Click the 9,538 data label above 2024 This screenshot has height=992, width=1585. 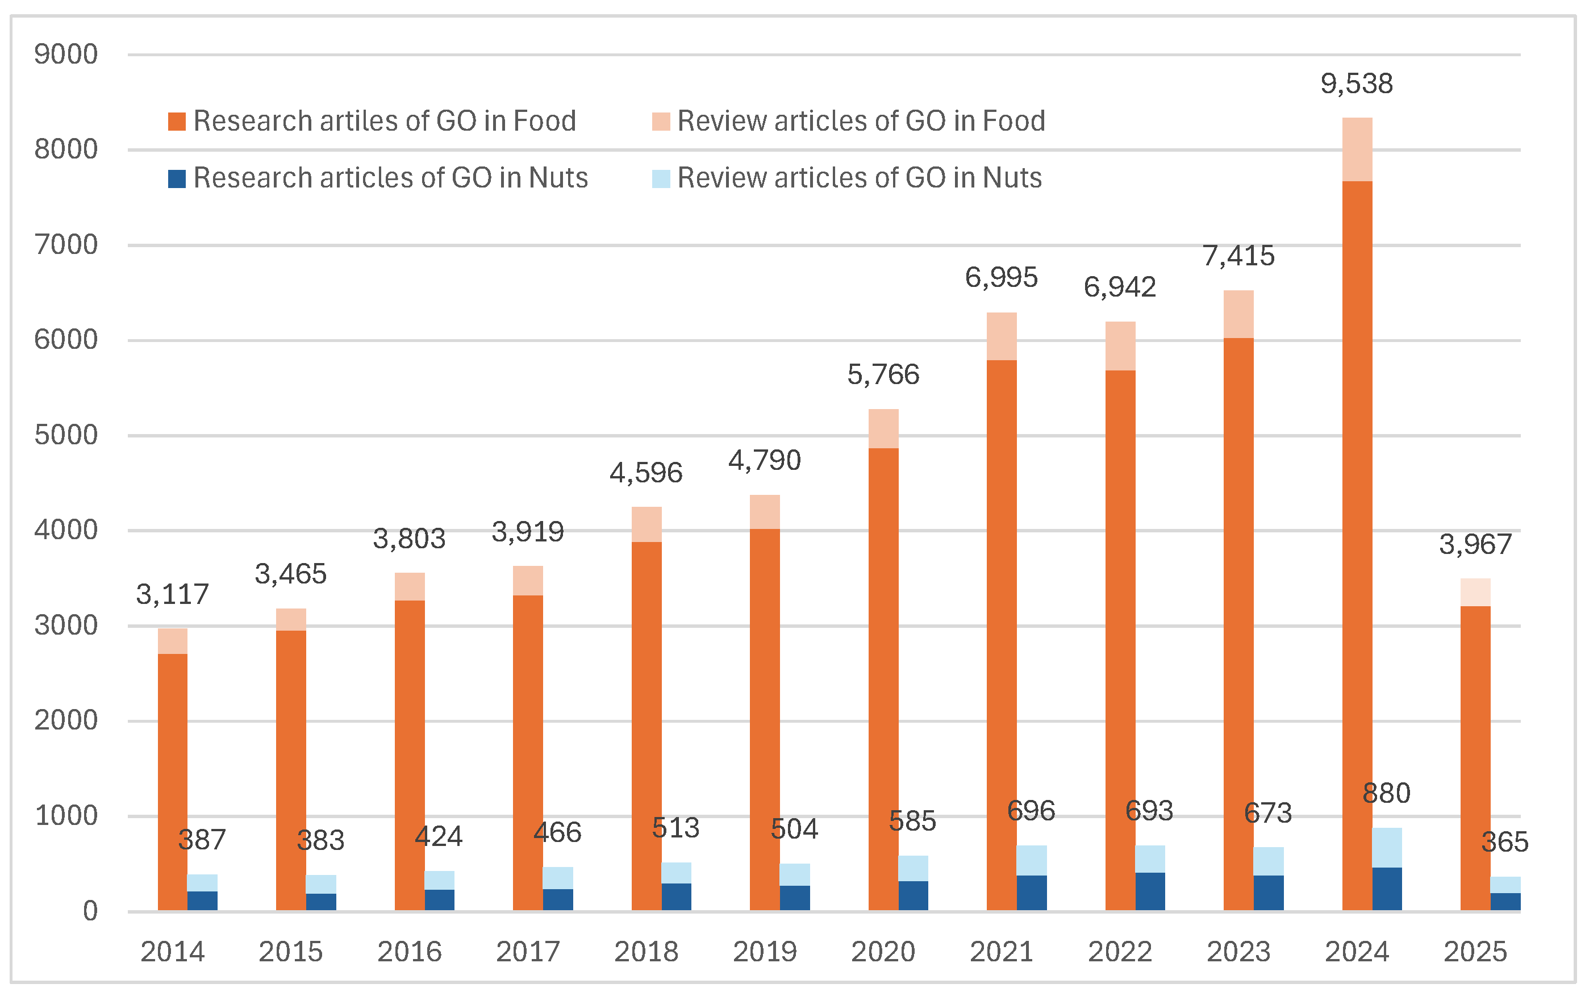(x=1356, y=84)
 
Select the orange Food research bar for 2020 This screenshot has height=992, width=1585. (x=883, y=676)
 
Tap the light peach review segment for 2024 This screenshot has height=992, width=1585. (x=1357, y=149)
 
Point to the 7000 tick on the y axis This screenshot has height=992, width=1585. (x=65, y=245)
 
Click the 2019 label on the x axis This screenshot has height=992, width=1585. (x=764, y=951)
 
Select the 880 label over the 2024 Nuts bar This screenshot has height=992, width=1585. (x=1386, y=793)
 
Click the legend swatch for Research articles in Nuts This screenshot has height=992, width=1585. (x=177, y=178)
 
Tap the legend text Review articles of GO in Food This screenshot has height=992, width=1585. (x=861, y=122)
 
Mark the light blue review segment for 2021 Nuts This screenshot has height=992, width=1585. (x=1031, y=860)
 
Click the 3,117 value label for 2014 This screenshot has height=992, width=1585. (x=172, y=594)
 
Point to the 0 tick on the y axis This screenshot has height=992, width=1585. (x=90, y=911)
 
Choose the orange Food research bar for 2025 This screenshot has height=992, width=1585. (x=1475, y=755)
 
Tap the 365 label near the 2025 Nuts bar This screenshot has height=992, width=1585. (x=1504, y=842)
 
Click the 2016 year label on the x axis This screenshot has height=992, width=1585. (x=410, y=951)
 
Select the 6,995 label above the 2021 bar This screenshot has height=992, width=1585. (x=1001, y=277)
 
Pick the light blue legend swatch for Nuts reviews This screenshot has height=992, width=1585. (x=661, y=178)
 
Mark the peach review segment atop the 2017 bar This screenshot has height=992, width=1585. (x=527, y=581)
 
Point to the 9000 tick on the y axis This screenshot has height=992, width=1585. (x=65, y=55)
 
